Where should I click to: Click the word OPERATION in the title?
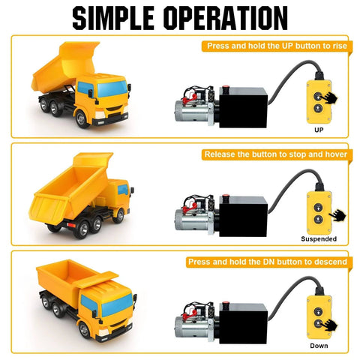224,18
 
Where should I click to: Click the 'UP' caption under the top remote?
318,130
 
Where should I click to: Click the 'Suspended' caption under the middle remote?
318,238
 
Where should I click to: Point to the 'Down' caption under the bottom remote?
318,346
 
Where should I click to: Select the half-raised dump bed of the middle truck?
71,187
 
